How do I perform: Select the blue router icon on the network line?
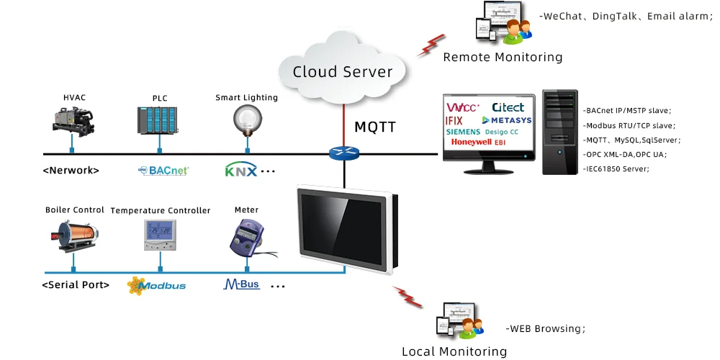[x=343, y=153]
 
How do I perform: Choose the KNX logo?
[x=240, y=171]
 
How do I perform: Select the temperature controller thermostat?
[x=160, y=234]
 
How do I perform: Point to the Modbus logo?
[x=156, y=285]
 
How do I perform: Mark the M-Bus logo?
[x=241, y=284]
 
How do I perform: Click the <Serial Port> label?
[x=76, y=284]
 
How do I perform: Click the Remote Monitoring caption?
[x=503, y=57]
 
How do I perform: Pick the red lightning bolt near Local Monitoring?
[x=408, y=297]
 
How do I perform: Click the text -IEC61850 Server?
[x=617, y=168]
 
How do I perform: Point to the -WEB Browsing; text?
[x=546, y=328]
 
